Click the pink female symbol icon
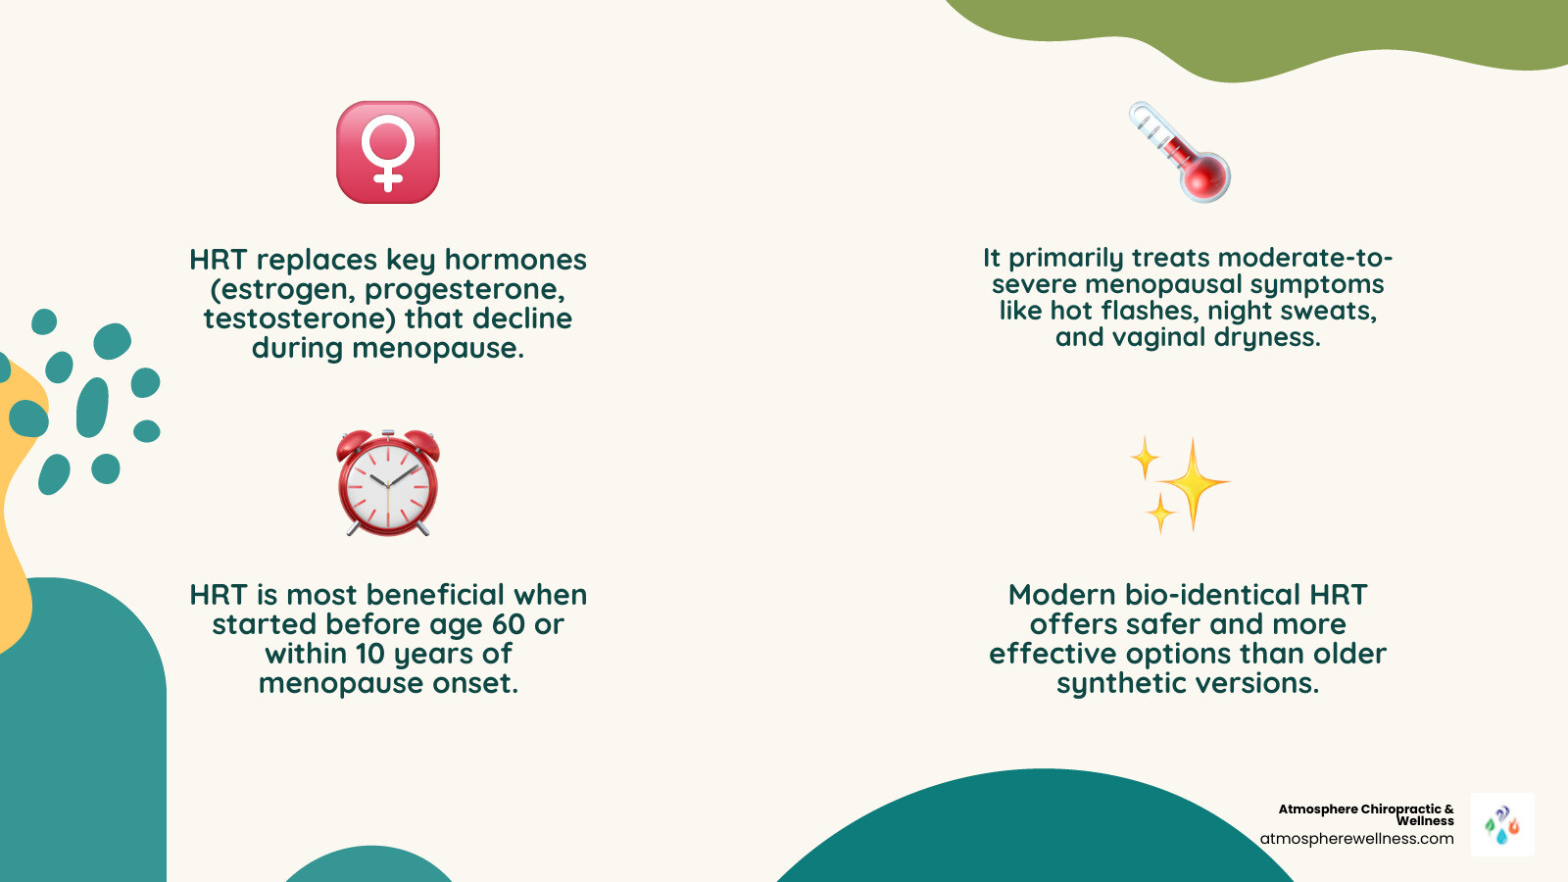coord(388,152)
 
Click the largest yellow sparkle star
coord(1193,483)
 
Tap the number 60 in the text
coord(509,624)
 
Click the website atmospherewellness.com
coord(1356,839)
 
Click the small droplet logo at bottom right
coord(1502,825)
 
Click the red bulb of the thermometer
coord(1204,176)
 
